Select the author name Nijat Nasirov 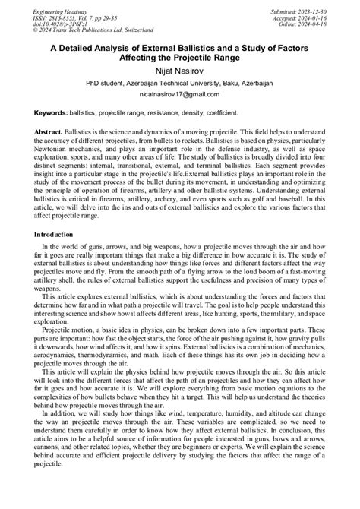(179, 71)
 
